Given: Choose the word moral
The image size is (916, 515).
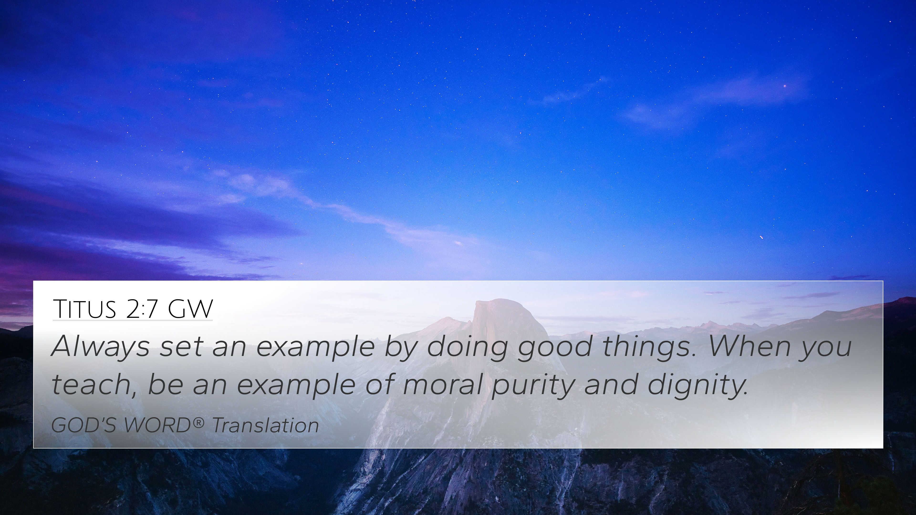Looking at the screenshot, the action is click(442, 385).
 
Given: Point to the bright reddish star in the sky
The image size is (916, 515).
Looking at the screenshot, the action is click(785, 86).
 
